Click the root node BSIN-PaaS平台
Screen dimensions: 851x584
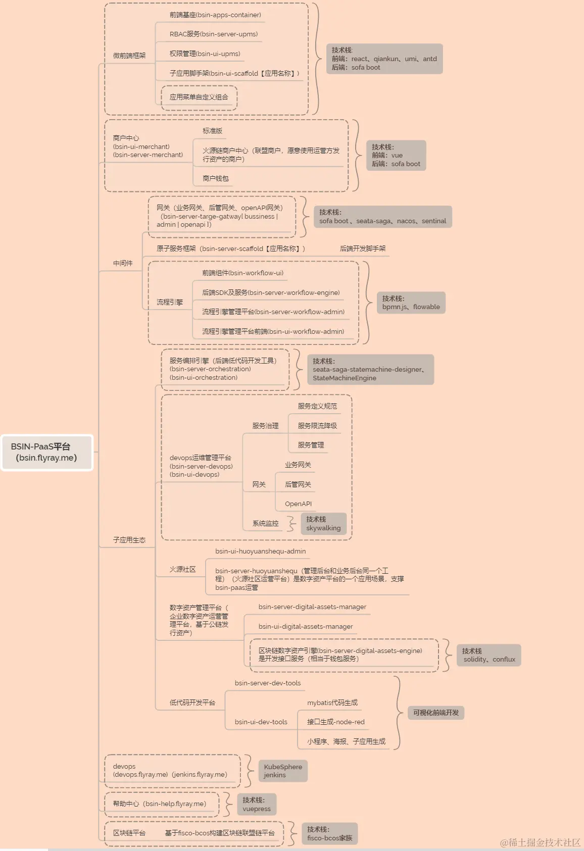[x=47, y=452]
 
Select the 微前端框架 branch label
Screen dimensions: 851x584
[x=129, y=56]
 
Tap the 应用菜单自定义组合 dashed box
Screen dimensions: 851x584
[x=199, y=97]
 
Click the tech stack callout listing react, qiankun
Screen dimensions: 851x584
[x=384, y=59]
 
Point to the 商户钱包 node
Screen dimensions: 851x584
[x=216, y=178]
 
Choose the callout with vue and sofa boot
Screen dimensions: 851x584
[x=396, y=156]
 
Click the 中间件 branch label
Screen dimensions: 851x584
[x=123, y=263]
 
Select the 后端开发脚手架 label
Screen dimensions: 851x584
[x=363, y=248]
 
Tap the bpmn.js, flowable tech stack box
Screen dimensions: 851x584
[x=411, y=303]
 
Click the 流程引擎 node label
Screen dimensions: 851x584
[x=170, y=302]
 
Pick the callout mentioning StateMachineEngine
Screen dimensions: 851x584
[x=370, y=369]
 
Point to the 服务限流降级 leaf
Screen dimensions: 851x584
[x=317, y=426]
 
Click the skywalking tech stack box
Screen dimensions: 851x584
[x=323, y=523]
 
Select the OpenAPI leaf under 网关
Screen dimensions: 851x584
[x=298, y=504]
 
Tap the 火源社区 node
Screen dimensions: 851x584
[x=182, y=569]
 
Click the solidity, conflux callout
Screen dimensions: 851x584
[x=489, y=655]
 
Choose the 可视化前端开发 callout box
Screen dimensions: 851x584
[x=436, y=713]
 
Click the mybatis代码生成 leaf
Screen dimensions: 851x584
[x=332, y=703]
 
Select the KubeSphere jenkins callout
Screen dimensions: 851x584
[x=282, y=771]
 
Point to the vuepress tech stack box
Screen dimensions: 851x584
[x=257, y=804]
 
